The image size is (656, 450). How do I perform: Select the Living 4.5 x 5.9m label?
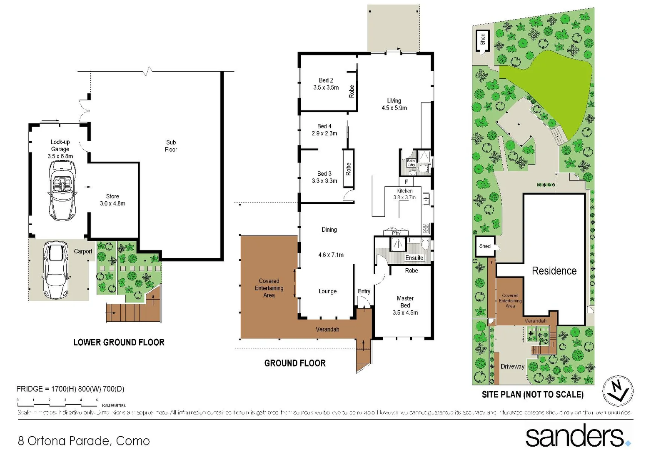394,104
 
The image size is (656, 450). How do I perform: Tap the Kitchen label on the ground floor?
404,191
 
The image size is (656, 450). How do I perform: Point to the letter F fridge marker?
406,182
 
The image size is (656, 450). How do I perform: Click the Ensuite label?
414,258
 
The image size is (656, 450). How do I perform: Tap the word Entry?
364,291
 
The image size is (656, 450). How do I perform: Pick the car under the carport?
56,270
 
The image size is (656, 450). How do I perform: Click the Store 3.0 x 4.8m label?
112,200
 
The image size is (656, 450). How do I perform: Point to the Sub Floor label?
171,146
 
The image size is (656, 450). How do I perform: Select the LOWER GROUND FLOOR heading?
119,342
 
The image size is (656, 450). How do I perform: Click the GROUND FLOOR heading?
295,363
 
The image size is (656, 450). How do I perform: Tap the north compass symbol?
618,390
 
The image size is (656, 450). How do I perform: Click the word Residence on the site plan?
554,271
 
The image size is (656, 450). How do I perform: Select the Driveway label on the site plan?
512,367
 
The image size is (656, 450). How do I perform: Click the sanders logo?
577,435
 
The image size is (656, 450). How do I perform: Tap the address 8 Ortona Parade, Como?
84,440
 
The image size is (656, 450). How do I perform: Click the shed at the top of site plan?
482,40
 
